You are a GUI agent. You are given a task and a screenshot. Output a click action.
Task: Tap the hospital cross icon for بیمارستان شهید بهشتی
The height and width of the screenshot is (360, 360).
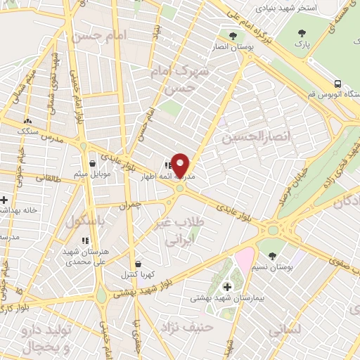226,286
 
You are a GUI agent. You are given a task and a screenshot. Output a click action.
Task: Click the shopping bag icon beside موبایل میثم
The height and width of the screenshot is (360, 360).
93,164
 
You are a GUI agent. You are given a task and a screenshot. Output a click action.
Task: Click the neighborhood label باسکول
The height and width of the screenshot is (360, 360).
85,222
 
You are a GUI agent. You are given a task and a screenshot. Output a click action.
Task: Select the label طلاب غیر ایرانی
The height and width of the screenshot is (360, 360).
169,231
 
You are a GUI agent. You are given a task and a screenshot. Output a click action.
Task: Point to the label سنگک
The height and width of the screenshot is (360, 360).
28,131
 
